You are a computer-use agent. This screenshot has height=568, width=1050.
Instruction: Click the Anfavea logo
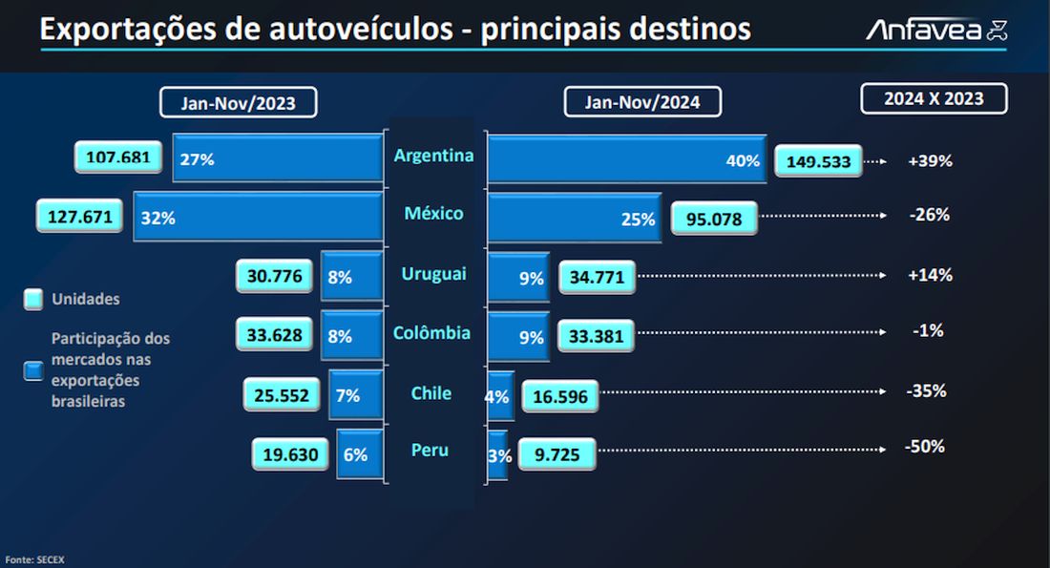pos(936,31)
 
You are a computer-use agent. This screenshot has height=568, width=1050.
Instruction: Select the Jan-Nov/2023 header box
pos(238,102)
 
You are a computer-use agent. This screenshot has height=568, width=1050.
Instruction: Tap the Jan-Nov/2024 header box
pos(642,102)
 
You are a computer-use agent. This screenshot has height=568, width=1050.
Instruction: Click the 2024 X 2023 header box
pos(934,98)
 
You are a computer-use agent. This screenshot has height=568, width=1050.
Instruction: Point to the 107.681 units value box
pos(117,158)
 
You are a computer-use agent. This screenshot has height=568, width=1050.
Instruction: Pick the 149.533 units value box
pos(819,161)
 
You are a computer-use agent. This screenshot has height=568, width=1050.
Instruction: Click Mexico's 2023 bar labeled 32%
pos(258,217)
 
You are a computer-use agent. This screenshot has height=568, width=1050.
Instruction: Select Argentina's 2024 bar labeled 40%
pos(626,158)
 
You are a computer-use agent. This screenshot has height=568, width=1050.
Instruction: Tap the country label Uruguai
pos(434,274)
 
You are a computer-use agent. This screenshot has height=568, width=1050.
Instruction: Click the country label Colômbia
pos(431,333)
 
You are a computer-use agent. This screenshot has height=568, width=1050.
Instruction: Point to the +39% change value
pos(930,160)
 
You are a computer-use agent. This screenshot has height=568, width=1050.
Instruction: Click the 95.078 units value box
pos(713,219)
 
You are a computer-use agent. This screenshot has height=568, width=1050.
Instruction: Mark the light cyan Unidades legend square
pos(33,300)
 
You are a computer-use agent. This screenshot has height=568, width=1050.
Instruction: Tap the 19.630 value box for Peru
pos(290,454)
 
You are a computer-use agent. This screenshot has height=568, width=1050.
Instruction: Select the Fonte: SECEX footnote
pos(34,558)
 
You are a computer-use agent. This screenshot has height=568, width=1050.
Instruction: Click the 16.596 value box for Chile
pos(558,395)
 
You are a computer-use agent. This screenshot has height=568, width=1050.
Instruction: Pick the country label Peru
pos(430,450)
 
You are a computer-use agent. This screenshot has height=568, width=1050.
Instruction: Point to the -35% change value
pos(926,390)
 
